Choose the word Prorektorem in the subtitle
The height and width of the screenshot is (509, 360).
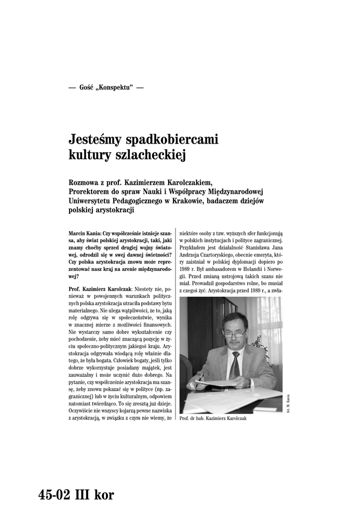click(93, 192)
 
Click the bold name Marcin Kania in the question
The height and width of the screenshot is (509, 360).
click(84, 233)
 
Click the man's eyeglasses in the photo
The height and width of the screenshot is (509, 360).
click(234, 335)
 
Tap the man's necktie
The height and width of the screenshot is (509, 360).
click(234, 365)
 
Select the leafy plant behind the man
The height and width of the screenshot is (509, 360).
click(258, 343)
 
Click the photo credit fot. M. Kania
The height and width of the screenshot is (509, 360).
click(288, 403)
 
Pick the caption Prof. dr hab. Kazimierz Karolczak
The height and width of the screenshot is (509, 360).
click(213, 419)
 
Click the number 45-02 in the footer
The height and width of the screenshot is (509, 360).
click(54, 495)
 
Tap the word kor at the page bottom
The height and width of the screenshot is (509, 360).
click(103, 495)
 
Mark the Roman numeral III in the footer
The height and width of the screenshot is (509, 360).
click(83, 495)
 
